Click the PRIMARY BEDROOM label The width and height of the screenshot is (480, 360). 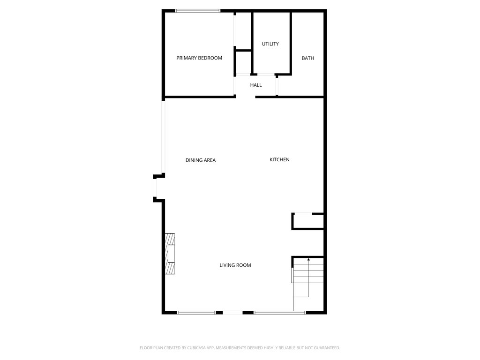click(x=199, y=58)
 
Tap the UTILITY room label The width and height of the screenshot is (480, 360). click(x=270, y=44)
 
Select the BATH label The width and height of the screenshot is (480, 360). click(x=307, y=58)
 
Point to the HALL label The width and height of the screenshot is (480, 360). click(x=256, y=85)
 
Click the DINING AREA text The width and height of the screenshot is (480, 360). click(x=201, y=160)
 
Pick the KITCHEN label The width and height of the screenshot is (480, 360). click(x=279, y=159)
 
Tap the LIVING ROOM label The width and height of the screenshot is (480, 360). click(x=235, y=265)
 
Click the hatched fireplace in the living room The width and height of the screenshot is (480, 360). click(x=170, y=254)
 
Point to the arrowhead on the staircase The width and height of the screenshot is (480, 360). click(x=308, y=260)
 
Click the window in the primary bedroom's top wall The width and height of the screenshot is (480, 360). click(x=198, y=11)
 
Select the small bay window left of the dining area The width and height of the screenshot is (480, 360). click(x=155, y=188)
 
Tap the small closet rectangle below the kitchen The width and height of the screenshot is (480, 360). click(x=307, y=221)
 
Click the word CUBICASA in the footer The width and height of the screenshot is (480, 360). click(x=196, y=348)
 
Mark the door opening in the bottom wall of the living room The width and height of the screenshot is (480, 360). click(x=232, y=313)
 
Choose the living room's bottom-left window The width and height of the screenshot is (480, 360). click(x=196, y=313)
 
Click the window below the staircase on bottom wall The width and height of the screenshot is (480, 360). click(x=280, y=313)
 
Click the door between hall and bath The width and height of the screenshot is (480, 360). click(x=277, y=87)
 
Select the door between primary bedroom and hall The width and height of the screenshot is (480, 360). click(x=235, y=86)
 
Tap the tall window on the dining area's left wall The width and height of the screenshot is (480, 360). click(x=164, y=137)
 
